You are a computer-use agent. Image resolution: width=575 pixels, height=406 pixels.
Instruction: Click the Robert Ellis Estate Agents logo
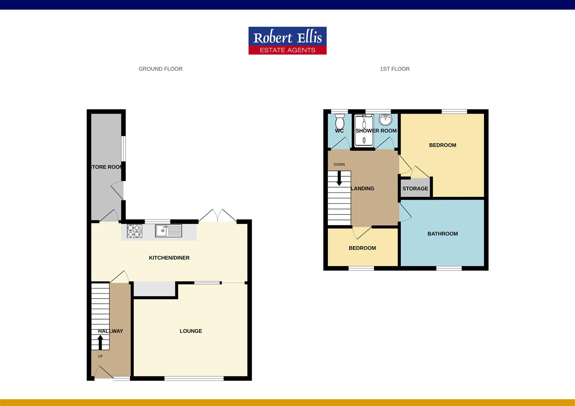(x=287, y=41)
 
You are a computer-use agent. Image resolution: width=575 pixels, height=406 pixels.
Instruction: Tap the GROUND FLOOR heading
(x=160, y=69)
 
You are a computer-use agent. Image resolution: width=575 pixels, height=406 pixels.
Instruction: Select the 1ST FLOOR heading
(x=395, y=69)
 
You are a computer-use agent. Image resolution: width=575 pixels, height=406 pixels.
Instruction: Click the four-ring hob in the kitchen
(x=134, y=231)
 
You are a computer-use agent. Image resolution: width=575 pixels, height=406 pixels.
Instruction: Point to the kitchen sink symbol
(x=168, y=230)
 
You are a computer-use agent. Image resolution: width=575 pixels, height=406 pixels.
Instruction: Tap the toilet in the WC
(x=339, y=122)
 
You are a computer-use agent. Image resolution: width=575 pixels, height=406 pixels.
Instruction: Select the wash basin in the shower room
(x=386, y=120)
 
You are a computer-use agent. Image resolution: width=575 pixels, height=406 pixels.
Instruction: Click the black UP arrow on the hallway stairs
(x=100, y=342)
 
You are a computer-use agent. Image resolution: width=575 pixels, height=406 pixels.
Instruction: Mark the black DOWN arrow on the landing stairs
(x=339, y=178)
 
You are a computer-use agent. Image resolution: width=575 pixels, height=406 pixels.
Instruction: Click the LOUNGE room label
(x=191, y=331)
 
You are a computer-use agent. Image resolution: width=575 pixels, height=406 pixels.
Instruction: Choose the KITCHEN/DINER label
(x=169, y=258)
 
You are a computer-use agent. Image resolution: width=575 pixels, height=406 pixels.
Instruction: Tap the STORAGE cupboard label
(x=415, y=188)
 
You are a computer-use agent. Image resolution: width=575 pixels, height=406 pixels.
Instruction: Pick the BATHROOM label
(x=443, y=234)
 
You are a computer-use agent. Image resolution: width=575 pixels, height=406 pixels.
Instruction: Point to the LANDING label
(x=362, y=188)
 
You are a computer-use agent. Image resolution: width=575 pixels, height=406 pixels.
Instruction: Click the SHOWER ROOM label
(x=376, y=130)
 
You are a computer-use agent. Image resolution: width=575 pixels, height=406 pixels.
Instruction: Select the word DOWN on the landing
(x=339, y=164)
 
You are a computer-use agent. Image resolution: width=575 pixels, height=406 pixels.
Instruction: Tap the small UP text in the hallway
(x=100, y=356)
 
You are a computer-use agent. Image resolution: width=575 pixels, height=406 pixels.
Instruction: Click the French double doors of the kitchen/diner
(x=218, y=215)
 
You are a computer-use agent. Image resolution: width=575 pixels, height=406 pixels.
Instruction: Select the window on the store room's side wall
(x=123, y=149)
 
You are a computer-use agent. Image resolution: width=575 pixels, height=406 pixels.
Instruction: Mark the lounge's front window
(x=194, y=378)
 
